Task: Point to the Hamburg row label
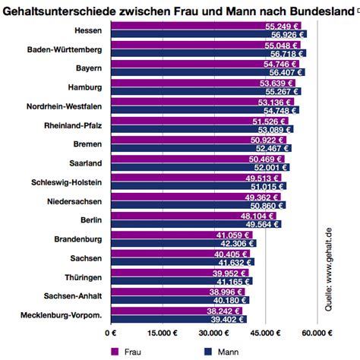90,88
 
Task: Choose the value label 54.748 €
280,112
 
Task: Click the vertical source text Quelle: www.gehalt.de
329,265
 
